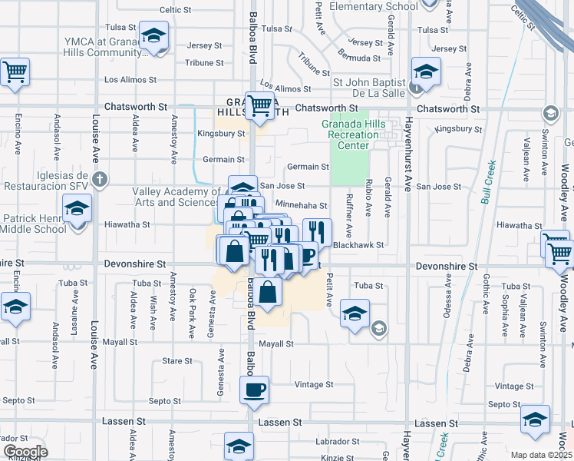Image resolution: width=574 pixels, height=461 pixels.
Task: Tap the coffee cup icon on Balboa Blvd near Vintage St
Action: coord(254,390)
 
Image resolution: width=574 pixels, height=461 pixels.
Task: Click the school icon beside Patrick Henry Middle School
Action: coord(78,208)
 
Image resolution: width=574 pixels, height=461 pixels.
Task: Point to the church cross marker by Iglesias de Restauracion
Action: coord(98,180)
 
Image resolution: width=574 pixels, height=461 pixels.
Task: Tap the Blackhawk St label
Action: coord(358,245)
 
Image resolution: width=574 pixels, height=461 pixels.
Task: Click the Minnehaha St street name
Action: coord(302,206)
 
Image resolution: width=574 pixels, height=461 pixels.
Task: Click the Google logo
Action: coord(25,452)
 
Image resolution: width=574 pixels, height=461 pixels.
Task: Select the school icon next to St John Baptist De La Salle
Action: coord(424,72)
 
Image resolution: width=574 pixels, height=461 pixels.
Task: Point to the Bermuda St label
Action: coord(361,58)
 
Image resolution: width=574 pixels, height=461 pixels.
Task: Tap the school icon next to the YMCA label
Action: coord(154,36)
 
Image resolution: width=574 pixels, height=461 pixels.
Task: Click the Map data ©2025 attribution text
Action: coord(542,455)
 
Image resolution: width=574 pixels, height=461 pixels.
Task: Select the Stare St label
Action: coord(177,360)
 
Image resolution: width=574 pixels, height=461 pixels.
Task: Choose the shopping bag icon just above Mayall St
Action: coord(268,293)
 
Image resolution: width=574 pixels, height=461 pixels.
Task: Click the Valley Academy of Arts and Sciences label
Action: coord(176,197)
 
